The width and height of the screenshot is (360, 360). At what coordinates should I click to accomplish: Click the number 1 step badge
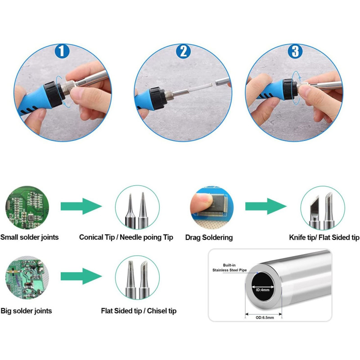62,51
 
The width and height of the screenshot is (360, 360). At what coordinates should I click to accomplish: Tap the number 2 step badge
183,51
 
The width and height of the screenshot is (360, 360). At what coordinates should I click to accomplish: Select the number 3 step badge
295,51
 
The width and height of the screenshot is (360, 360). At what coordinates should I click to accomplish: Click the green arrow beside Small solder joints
81,206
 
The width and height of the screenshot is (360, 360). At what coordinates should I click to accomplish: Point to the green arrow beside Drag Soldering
266,206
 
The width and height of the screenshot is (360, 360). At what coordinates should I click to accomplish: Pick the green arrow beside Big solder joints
81,276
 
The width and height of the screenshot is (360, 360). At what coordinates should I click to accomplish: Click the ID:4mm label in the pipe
263,290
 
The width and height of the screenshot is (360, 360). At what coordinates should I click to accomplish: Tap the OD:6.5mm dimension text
265,318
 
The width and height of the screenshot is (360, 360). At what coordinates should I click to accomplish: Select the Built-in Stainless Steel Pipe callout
229,267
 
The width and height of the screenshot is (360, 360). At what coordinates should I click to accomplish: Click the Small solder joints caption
29,237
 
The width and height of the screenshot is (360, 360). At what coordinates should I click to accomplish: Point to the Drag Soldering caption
209,238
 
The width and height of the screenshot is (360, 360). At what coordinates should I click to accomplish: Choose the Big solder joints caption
26,311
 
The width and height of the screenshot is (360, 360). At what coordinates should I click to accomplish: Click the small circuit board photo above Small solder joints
27,207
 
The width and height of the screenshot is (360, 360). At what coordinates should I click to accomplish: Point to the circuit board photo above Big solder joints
27,277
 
